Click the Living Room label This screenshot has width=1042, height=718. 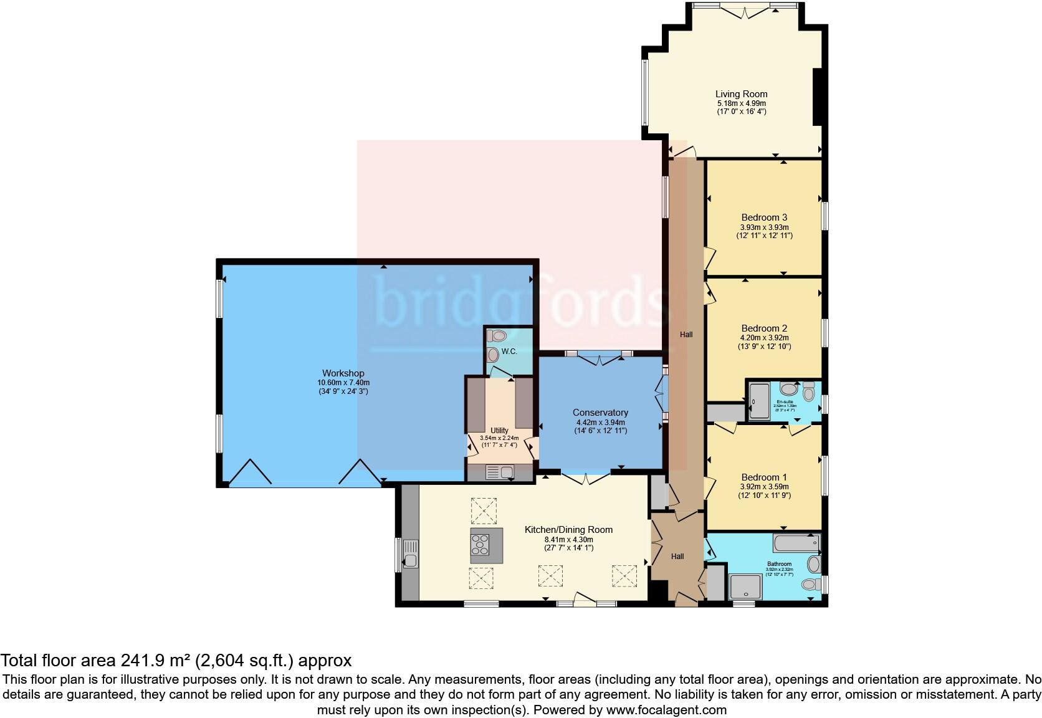click(x=741, y=94)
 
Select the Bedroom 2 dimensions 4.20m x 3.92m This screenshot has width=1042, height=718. click(x=765, y=338)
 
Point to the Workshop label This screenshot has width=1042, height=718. click(x=343, y=373)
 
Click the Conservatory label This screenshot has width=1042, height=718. click(x=600, y=413)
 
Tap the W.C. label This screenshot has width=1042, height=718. click(x=509, y=352)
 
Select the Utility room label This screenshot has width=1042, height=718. click(x=499, y=431)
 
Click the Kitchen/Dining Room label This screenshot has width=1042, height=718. click(x=568, y=530)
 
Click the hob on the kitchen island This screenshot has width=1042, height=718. click(x=481, y=545)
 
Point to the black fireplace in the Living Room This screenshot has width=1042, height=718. click(x=820, y=97)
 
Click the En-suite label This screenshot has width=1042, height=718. click(x=784, y=401)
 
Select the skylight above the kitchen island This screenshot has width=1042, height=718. click(x=483, y=510)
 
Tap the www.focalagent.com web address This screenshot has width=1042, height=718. click(x=666, y=709)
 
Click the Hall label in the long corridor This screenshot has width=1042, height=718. click(x=686, y=335)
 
